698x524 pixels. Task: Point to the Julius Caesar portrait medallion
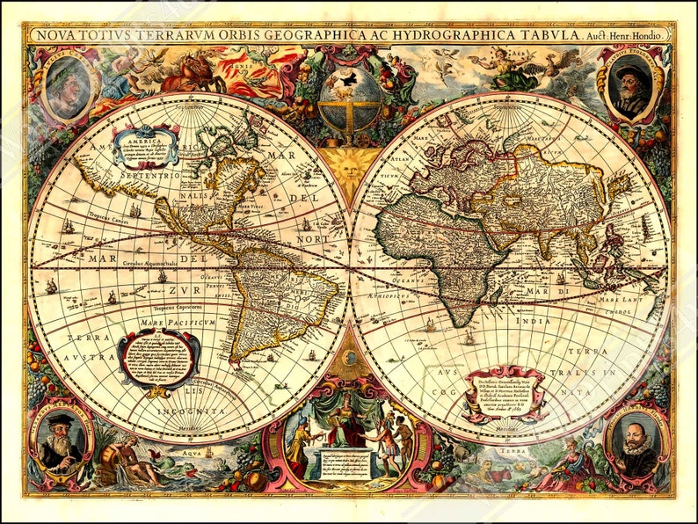(68, 84)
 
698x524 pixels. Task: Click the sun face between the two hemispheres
(350, 164)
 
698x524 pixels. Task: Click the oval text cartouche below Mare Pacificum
(157, 357)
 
